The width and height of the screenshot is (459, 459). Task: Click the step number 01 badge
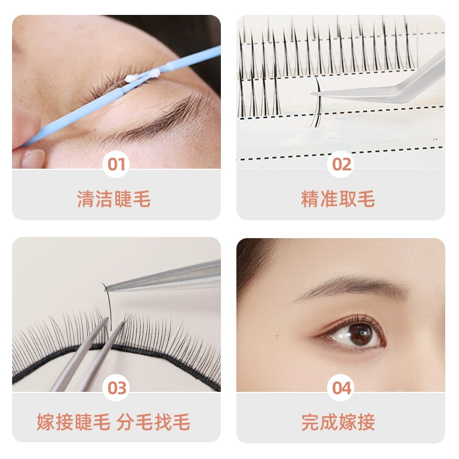click(116, 164)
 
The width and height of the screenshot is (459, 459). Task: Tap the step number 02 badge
click(341, 164)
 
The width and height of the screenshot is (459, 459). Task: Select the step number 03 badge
click(116, 388)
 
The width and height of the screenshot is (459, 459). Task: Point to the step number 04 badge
click(341, 388)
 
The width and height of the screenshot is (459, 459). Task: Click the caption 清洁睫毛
click(114, 199)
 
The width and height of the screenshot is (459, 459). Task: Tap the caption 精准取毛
click(338, 199)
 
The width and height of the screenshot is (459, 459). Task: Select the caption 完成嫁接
click(338, 422)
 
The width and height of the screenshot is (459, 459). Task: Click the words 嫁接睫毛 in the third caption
click(73, 422)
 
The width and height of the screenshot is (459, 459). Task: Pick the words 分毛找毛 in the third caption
click(153, 422)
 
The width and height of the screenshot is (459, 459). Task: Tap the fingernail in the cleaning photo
click(33, 158)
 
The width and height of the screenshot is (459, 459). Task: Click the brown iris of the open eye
click(361, 334)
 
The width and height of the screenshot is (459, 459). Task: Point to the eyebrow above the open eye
click(351, 286)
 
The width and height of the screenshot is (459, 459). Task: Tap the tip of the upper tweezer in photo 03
click(106, 289)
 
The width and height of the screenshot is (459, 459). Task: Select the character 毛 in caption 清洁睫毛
click(142, 199)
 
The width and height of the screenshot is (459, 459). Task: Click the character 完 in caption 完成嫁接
click(310, 422)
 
